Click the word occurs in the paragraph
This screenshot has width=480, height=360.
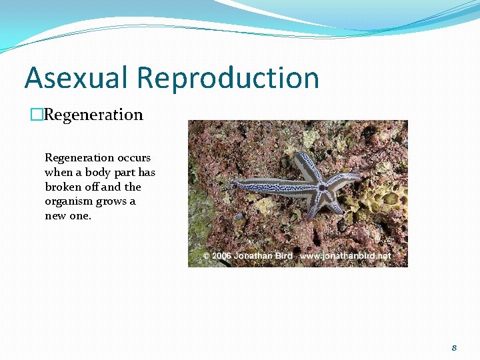point(134,158)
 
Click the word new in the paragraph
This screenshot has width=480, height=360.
point(55,215)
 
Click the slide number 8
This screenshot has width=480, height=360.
point(454,347)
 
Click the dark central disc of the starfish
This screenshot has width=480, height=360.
point(323,188)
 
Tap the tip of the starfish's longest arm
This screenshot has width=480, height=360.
point(235,182)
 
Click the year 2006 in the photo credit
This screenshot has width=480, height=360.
point(221,256)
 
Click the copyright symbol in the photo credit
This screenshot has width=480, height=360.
point(206,256)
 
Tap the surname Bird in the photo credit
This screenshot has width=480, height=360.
point(283,256)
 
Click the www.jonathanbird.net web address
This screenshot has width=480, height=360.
point(345,256)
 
